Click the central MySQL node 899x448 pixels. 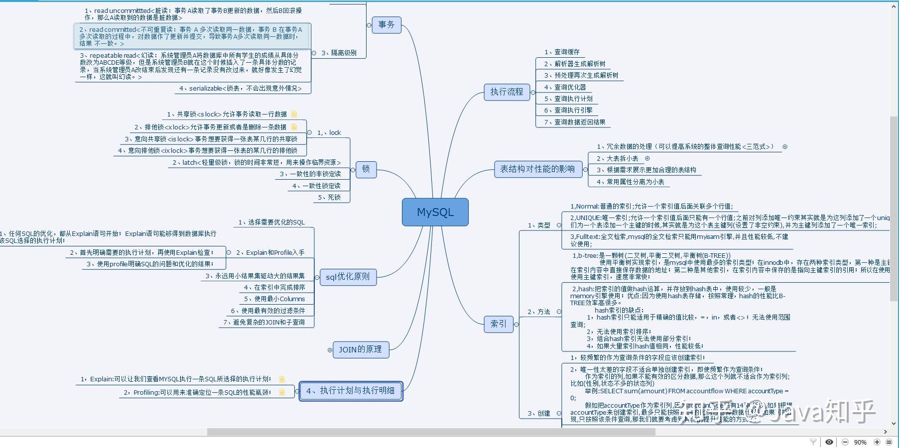pos(435,212)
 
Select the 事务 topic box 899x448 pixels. pos(386,24)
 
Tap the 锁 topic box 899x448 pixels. pos(366,169)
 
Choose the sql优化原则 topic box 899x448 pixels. pos(348,277)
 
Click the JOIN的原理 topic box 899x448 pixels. pos(360,349)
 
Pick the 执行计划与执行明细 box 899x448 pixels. pos(351,391)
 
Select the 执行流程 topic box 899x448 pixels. pos(507,92)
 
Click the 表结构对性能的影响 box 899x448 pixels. pos(537,169)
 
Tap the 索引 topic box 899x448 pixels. pos(498,324)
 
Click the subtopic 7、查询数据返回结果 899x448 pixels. pos(575,122)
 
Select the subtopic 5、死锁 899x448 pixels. pos(329,198)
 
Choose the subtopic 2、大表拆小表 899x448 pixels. pos(618,158)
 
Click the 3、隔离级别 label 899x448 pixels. pos(339,53)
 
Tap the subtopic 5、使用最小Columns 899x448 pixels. pos(274,299)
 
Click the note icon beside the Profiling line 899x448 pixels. pos(282,392)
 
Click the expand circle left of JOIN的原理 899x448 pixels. pos(330,350)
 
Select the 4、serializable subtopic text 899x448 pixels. pos(240,89)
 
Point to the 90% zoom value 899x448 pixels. pos(860,442)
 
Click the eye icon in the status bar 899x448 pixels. pos(829,442)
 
